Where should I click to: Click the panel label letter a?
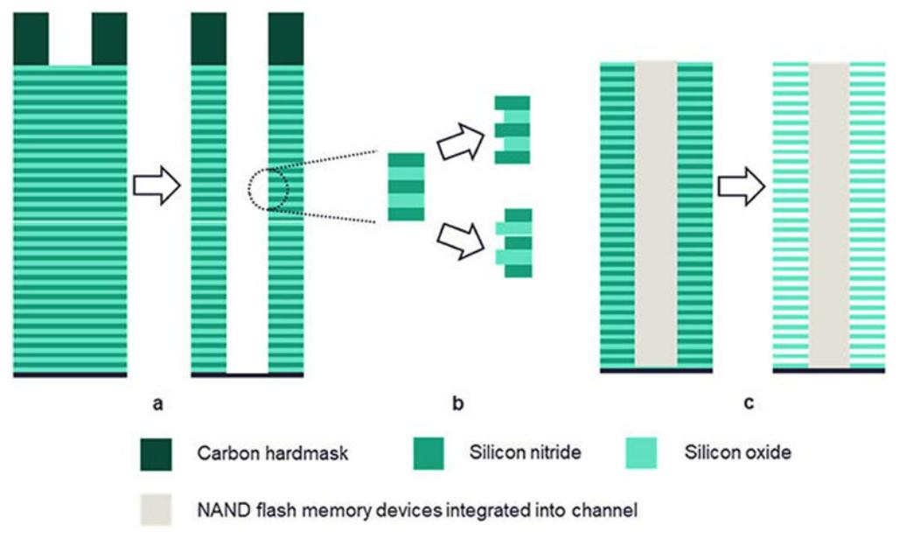[158, 403]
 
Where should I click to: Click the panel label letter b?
[457, 403]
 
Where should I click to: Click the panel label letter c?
[748, 403]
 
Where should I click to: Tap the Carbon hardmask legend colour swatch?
[157, 453]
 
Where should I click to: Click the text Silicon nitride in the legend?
[524, 453]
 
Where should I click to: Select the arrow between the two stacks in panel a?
[156, 186]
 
